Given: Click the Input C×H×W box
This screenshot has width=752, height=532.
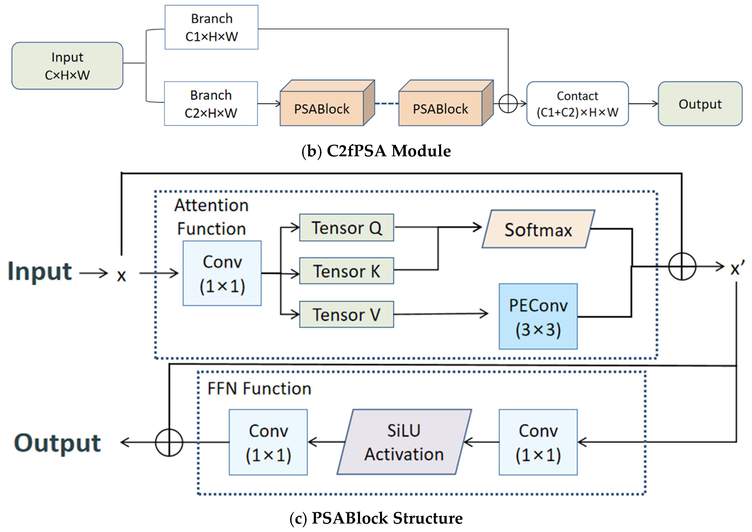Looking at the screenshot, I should [x=67, y=66].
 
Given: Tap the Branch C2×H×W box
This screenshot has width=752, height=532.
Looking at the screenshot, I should [x=211, y=104].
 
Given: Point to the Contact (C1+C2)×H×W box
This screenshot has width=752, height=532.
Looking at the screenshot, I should [x=577, y=104].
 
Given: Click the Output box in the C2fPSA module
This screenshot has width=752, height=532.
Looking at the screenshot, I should [x=700, y=104].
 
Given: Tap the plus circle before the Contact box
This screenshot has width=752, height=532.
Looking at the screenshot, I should [x=508, y=104].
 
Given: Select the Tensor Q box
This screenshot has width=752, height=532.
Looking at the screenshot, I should [x=346, y=228].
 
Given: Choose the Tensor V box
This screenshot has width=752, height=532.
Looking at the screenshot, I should [x=346, y=315].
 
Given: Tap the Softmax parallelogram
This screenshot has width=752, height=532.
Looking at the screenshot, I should [x=538, y=229].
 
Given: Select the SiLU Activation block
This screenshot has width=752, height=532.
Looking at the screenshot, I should [x=404, y=442].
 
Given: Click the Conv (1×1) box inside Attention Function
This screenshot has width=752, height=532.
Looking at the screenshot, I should [x=222, y=273].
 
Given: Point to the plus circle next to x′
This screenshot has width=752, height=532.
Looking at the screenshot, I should [x=682, y=267].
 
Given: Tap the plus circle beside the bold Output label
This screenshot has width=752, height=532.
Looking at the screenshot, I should [x=169, y=443].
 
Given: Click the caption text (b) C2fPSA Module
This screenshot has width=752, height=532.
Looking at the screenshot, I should [x=376, y=151].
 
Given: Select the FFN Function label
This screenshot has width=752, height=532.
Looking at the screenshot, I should [x=259, y=389].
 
